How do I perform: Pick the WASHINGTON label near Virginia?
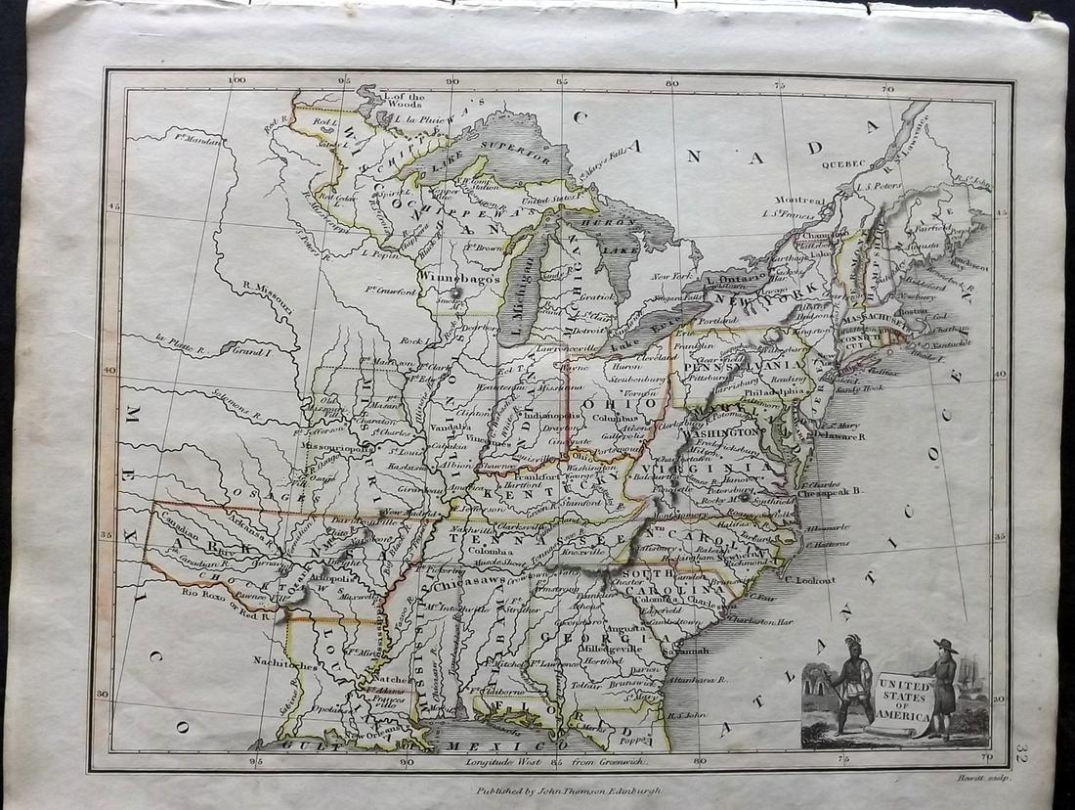pyautogui.click(x=727, y=431)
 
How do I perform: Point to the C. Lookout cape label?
pyautogui.click(x=809, y=580)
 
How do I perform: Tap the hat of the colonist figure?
pyautogui.click(x=944, y=646)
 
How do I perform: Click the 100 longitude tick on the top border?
pyautogui.click(x=233, y=82)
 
